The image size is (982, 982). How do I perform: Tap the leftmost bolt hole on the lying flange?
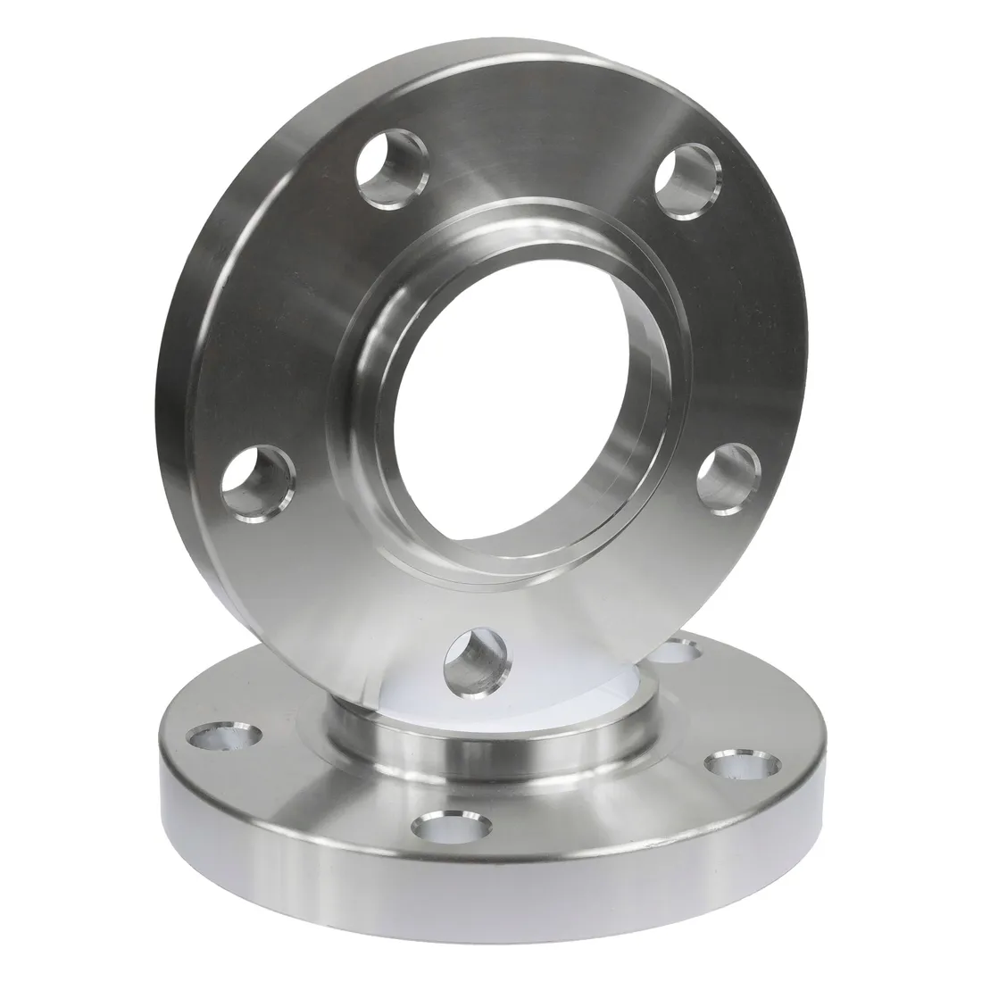click(x=224, y=736)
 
